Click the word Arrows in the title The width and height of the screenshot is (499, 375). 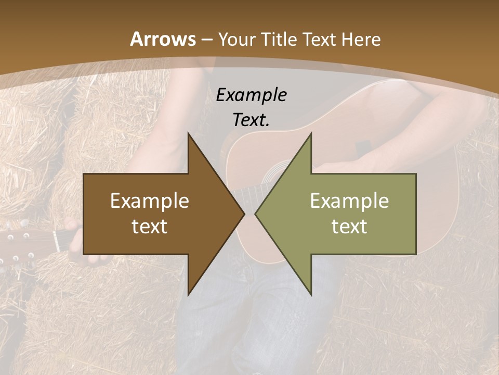click(x=163, y=39)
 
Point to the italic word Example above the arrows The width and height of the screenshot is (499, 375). click(x=252, y=95)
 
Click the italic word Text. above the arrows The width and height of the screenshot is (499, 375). click(x=252, y=120)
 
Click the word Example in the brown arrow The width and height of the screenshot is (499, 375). click(x=150, y=201)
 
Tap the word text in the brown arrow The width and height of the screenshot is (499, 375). click(x=150, y=226)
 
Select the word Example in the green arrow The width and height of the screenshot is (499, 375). click(x=349, y=201)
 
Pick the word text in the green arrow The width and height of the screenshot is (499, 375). click(x=349, y=226)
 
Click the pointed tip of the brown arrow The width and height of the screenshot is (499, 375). click(x=244, y=214)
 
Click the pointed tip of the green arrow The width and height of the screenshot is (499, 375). click(x=256, y=214)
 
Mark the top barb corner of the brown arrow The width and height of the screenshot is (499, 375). click(x=188, y=133)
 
